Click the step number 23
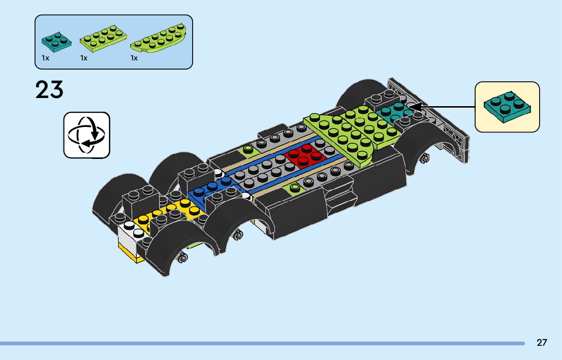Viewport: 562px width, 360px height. (x=49, y=90)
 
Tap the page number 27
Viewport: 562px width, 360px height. (x=542, y=343)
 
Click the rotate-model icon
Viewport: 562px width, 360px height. (x=86, y=135)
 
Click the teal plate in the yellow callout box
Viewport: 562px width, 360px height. (x=507, y=107)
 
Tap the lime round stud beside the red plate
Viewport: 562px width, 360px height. (x=248, y=149)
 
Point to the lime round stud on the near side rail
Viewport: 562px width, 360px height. (x=295, y=188)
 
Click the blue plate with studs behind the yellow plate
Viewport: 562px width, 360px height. (x=213, y=190)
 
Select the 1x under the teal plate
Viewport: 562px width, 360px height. (x=46, y=58)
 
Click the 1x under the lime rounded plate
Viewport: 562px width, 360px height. (x=134, y=58)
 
